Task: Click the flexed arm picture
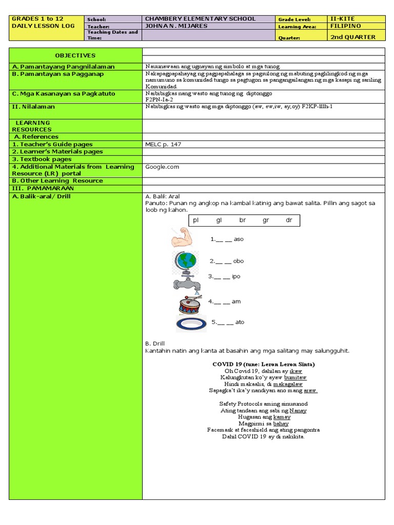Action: click(x=182, y=238)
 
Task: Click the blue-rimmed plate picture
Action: click(x=191, y=324)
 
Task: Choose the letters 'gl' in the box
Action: click(x=219, y=220)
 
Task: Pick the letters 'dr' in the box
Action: click(x=289, y=220)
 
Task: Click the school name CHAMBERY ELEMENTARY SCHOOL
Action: click(x=201, y=19)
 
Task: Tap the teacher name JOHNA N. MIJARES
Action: click(x=179, y=26)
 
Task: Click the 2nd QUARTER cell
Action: click(x=353, y=37)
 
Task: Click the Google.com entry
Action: click(x=162, y=167)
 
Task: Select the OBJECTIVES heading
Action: click(x=75, y=55)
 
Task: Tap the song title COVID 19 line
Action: click(x=264, y=364)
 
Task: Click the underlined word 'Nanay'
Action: click(x=298, y=411)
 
